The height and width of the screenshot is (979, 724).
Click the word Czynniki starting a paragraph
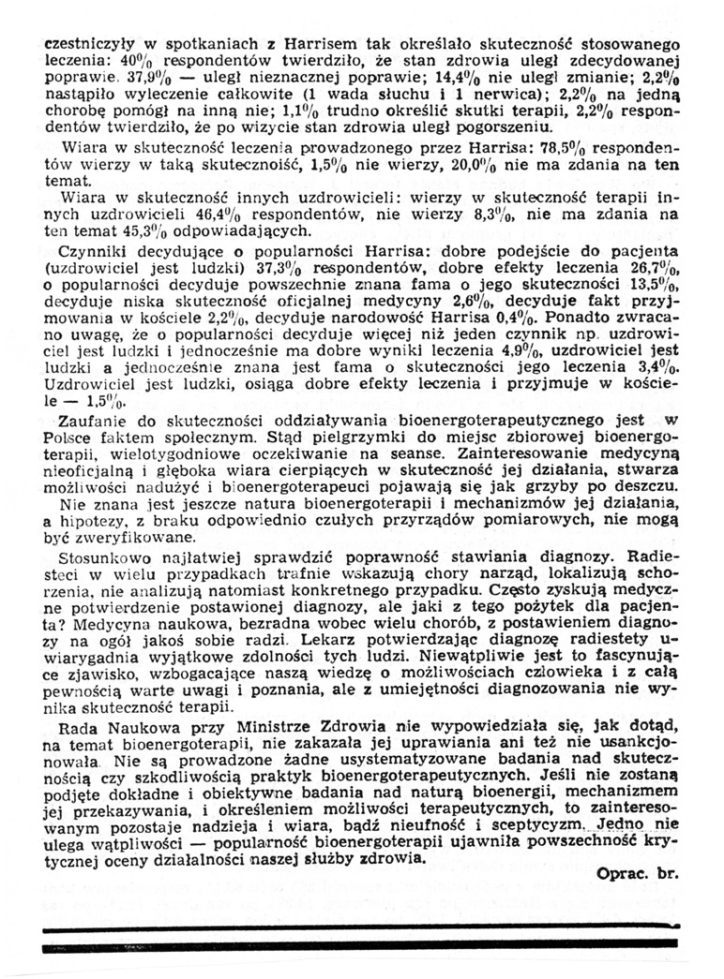(x=91, y=253)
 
